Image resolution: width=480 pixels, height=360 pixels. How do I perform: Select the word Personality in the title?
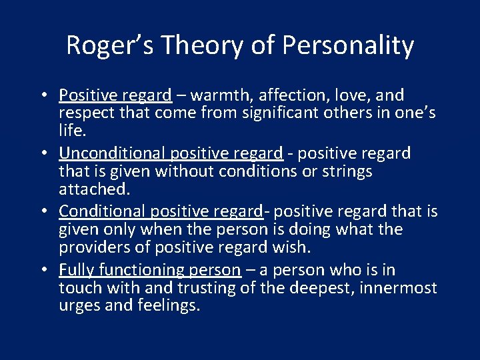coord(348,46)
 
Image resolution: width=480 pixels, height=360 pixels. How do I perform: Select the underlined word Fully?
coord(75,270)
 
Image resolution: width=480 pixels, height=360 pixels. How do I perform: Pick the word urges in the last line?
coord(78,305)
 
